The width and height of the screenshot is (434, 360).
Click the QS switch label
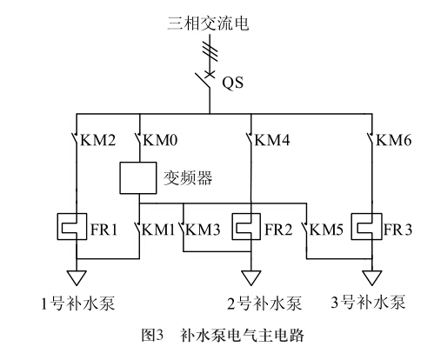(232, 83)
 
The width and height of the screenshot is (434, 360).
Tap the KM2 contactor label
(97, 140)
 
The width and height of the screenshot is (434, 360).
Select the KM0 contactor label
(160, 140)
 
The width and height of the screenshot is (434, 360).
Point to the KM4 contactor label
(272, 140)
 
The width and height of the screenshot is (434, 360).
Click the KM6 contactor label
(394, 140)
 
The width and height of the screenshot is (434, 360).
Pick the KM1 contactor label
(158, 230)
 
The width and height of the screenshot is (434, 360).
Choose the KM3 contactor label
(203, 230)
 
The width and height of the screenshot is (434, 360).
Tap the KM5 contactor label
(326, 230)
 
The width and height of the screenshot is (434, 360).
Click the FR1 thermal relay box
(72, 226)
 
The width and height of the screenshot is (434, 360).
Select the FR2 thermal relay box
(246, 226)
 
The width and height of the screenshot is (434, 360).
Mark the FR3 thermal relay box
(366, 226)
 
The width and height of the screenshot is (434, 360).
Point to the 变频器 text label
(188, 177)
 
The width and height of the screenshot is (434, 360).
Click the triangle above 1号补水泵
(77, 278)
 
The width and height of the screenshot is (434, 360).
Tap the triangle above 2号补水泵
(251, 278)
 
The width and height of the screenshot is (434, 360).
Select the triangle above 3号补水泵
(372, 278)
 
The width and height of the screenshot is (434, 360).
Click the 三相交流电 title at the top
(208, 23)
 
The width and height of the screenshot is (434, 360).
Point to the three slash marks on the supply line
(210, 51)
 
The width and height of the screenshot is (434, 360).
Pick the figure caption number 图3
(152, 335)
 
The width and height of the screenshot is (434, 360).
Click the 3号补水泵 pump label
(368, 303)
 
